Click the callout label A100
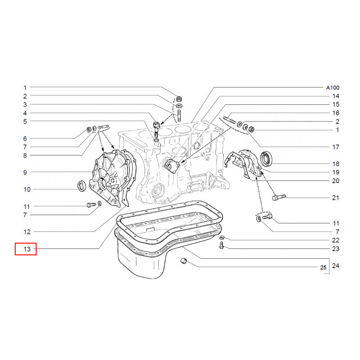[333, 87]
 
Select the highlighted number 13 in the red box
[27, 249]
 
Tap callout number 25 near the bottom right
[323, 267]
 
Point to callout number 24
[336, 265]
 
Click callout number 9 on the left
[25, 172]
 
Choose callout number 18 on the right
[336, 164]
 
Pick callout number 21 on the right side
[336, 198]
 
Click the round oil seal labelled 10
[82, 186]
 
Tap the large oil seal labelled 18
[266, 158]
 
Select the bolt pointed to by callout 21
[279, 197]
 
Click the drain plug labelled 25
[184, 261]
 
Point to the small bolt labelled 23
[221, 245]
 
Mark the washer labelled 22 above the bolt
[221, 238]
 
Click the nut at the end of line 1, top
[179, 99]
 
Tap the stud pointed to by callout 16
[229, 120]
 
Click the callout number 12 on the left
[27, 232]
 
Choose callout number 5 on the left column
[25, 121]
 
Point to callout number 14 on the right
[336, 96]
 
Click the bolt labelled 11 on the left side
[91, 205]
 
